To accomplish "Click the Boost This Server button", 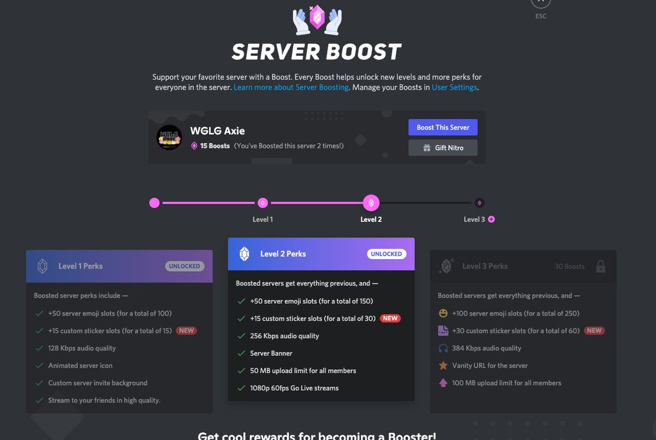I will tap(443, 127).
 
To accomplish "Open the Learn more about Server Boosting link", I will tap(291, 87).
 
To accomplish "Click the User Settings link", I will tap(454, 87).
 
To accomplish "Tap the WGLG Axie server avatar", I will tap(169, 138).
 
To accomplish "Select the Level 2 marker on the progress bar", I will tap(371, 203).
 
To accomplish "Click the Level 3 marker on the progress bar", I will tap(479, 203).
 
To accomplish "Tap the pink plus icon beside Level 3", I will tap(491, 219).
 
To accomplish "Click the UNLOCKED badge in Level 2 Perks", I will tap(386, 254).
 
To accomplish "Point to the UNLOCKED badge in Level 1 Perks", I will tap(185, 266).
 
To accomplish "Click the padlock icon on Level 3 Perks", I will tap(600, 266).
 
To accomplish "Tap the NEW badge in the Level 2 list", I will tap(390, 318).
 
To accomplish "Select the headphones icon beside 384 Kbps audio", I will tap(443, 348).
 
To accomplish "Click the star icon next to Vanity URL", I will tap(443, 365).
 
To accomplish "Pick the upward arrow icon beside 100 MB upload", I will tap(443, 383).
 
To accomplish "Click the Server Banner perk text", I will tap(271, 353).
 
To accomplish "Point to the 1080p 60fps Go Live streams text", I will tap(294, 388).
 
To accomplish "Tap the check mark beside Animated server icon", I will tap(39, 366).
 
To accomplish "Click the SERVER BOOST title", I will tap(317, 52).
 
